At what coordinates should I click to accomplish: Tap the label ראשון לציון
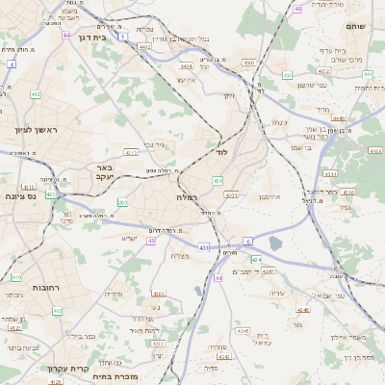click(x=38, y=129)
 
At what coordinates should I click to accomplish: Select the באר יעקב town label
click(x=106, y=172)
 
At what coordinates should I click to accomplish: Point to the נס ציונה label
click(x=18, y=196)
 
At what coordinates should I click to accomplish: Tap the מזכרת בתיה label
click(x=118, y=377)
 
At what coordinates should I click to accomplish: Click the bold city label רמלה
click(x=187, y=197)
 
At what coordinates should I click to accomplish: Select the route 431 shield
click(x=204, y=248)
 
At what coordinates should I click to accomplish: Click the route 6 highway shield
click(x=247, y=241)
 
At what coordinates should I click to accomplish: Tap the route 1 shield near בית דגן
click(x=124, y=37)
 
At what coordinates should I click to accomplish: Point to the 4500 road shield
click(x=248, y=63)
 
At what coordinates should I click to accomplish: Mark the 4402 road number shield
click(x=144, y=45)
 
